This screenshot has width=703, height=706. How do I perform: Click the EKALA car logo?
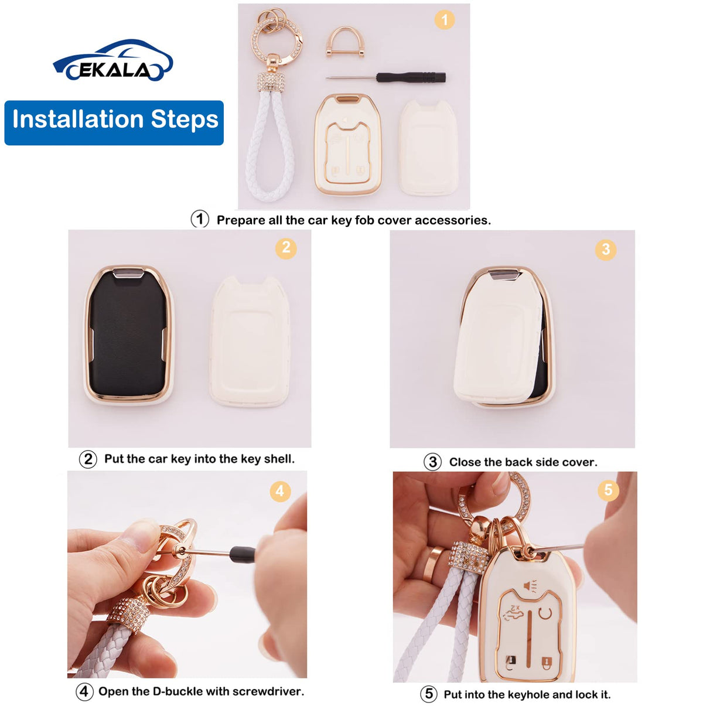pyautogui.click(x=113, y=60)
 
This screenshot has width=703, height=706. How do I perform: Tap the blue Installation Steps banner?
pyautogui.click(x=114, y=122)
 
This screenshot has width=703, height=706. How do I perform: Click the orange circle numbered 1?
pyautogui.click(x=445, y=20)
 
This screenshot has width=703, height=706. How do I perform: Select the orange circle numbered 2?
pyautogui.click(x=286, y=248)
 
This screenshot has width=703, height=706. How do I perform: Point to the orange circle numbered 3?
pyautogui.click(x=606, y=250)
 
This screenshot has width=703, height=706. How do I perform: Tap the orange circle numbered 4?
pyautogui.click(x=280, y=492)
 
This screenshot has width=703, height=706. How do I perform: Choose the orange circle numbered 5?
pyautogui.click(x=608, y=490)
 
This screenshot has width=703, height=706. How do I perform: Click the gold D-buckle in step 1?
pyautogui.click(x=344, y=42)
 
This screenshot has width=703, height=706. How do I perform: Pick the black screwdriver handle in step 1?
pyautogui.click(x=411, y=77)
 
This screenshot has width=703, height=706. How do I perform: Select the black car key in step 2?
pyautogui.click(x=128, y=334)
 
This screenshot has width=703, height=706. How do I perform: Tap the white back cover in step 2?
pyautogui.click(x=250, y=342)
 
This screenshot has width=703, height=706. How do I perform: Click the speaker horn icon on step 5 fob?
pyautogui.click(x=530, y=586)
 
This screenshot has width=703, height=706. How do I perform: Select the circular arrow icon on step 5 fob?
pyautogui.click(x=545, y=613)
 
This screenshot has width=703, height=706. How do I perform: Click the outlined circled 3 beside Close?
pyautogui.click(x=432, y=462)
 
